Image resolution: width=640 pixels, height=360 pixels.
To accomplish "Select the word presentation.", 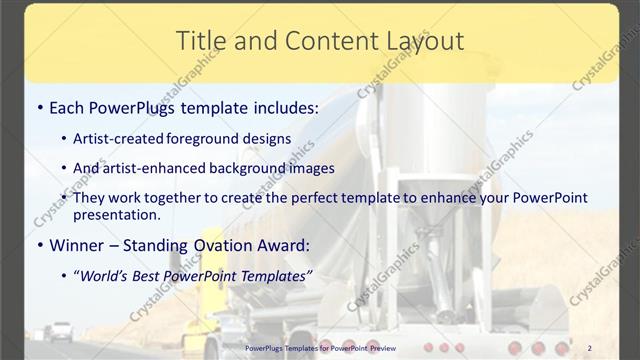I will [x=116, y=214].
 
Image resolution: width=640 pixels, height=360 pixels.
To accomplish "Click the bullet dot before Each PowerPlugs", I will [x=38, y=105].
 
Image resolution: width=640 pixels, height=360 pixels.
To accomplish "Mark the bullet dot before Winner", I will [x=38, y=245].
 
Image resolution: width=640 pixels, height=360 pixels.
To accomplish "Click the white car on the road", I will [x=61, y=330].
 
